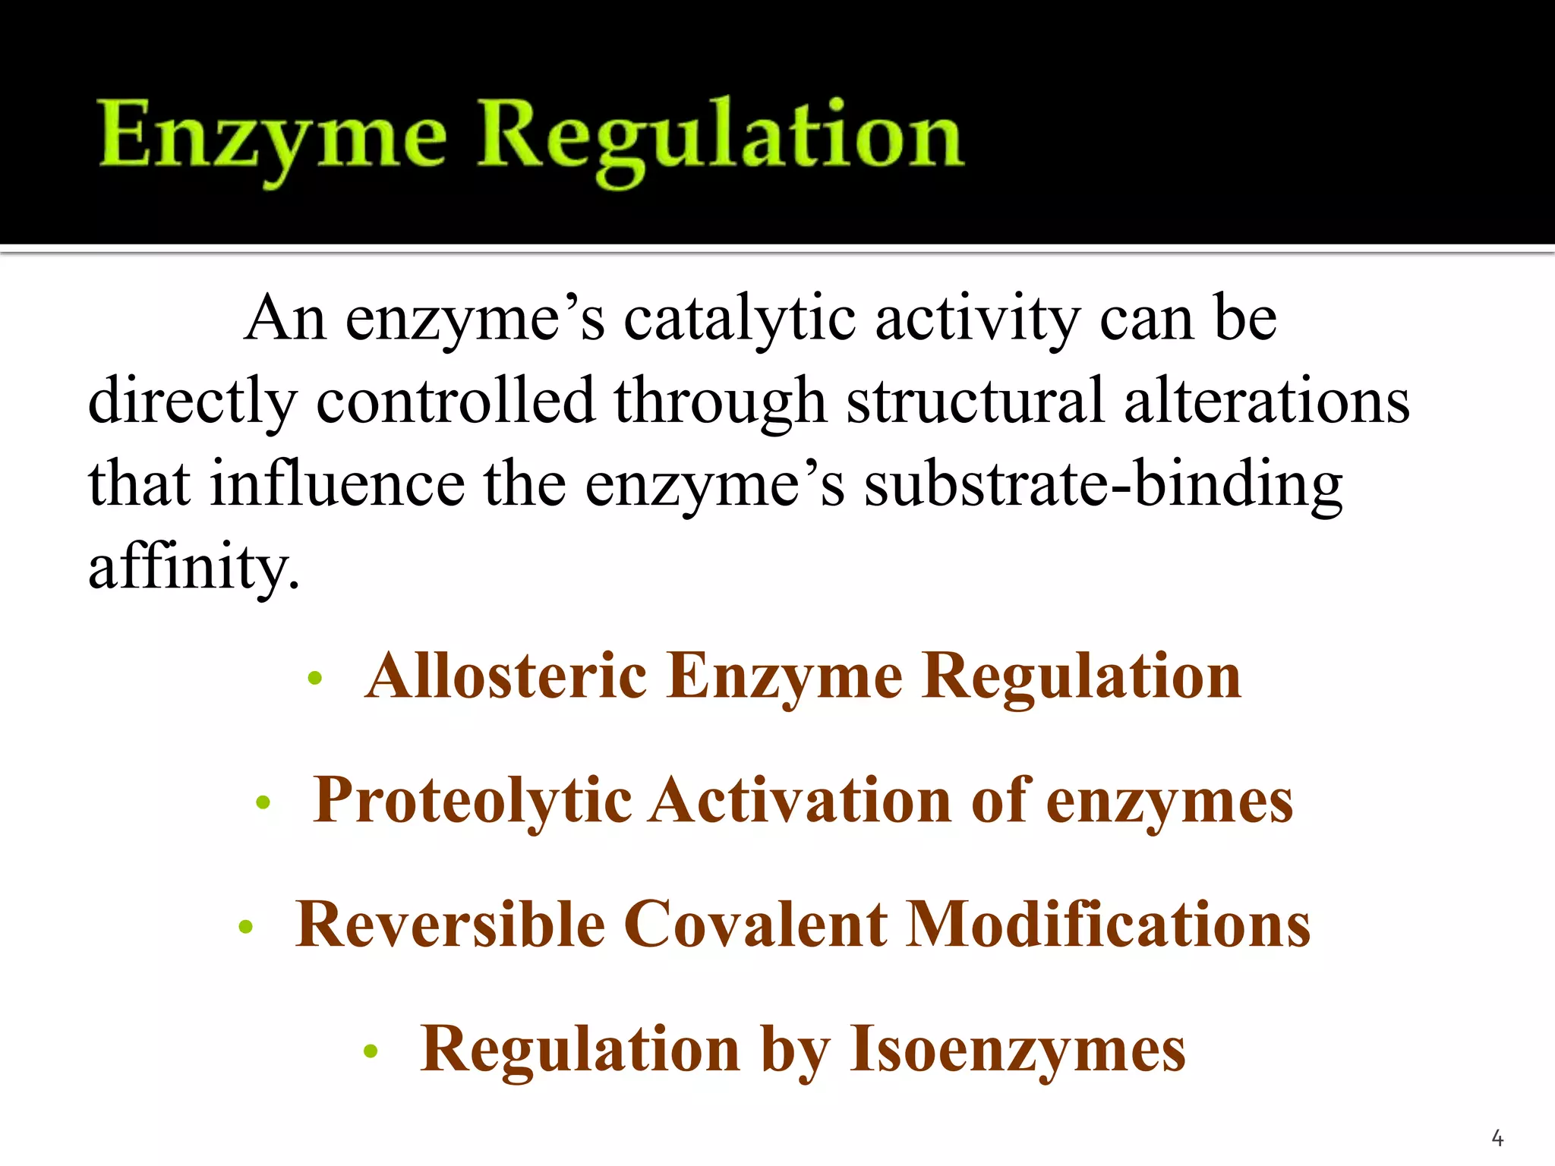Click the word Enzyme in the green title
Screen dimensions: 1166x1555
point(273,137)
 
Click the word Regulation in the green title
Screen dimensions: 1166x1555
point(720,137)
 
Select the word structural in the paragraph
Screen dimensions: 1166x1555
point(975,400)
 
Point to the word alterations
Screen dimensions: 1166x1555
point(1266,400)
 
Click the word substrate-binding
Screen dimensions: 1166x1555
point(1103,484)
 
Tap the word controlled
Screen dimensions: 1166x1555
point(455,400)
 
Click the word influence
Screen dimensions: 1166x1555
point(337,484)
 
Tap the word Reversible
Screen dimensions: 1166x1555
point(450,925)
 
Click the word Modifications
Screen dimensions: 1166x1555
point(1109,925)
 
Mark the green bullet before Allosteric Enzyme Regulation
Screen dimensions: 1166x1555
point(315,678)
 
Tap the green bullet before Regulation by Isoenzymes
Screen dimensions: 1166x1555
point(371,1051)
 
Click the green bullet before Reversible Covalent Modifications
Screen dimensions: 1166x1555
point(244,927)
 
